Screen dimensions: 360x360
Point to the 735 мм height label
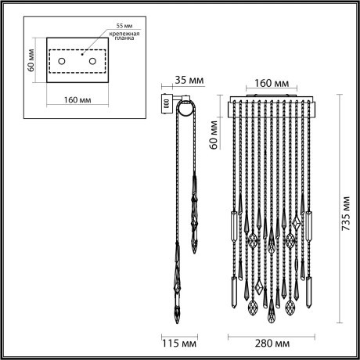[343, 210]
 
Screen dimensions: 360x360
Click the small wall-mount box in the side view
[165, 103]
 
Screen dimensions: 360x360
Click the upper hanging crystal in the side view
[194, 223]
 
